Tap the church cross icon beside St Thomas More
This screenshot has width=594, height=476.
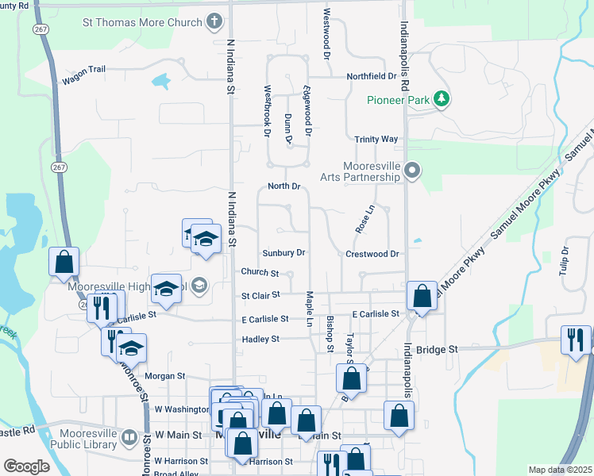click(214, 21)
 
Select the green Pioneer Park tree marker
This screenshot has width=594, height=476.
click(442, 99)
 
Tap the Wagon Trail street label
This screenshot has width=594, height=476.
click(83, 70)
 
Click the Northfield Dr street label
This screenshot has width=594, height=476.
click(371, 76)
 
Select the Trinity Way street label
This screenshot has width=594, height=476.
click(376, 139)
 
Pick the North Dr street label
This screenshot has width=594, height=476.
click(283, 186)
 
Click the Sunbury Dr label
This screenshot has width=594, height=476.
click(283, 253)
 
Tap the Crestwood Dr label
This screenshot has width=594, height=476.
click(372, 254)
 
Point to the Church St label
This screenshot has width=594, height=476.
click(260, 273)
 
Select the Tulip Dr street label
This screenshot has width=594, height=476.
click(565, 260)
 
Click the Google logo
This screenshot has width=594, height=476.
click(26, 466)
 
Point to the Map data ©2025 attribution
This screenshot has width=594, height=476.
click(561, 470)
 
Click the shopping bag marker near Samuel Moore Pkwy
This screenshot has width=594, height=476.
click(422, 296)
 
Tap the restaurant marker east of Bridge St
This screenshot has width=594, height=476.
click(575, 340)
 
